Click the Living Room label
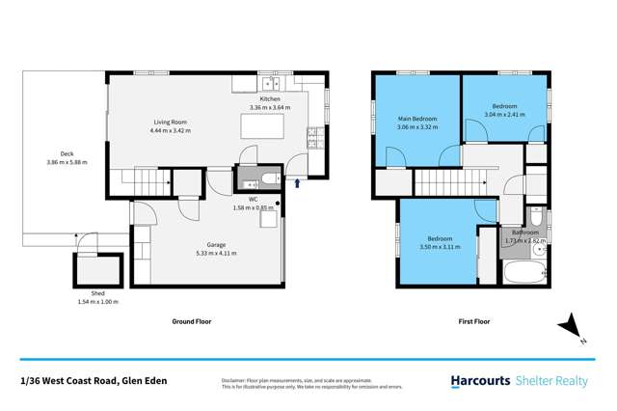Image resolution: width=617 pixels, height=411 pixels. tap(170, 123)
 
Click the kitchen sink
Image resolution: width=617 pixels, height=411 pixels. tap(312, 134)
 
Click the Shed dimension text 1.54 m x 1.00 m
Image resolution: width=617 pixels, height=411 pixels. tap(96, 302)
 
